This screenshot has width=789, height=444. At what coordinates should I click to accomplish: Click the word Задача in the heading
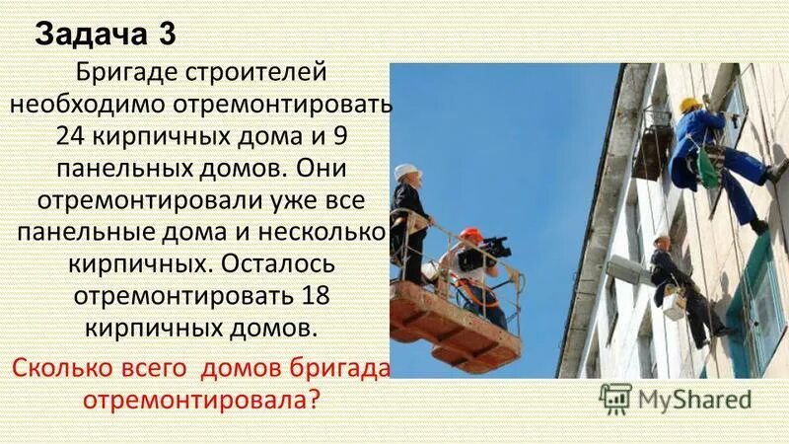tap(88, 35)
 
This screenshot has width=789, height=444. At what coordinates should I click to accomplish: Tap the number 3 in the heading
tap(166, 35)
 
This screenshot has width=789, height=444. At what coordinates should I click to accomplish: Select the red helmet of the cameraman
tap(471, 235)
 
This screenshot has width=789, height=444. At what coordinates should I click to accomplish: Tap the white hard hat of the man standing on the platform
tap(406, 171)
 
